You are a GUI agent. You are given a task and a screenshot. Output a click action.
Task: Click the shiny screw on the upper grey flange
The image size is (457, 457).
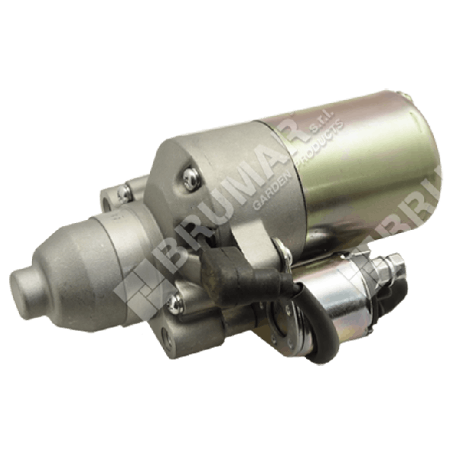pyautogui.click(x=188, y=178)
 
